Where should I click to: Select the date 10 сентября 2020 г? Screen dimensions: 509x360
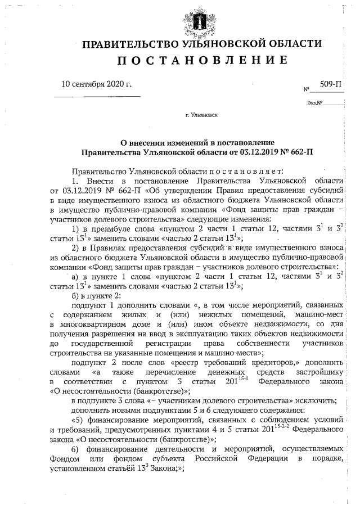click(96, 85)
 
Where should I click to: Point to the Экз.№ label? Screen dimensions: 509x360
click(314, 103)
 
